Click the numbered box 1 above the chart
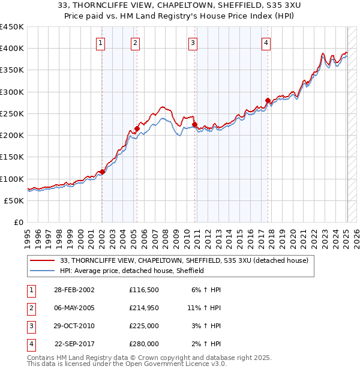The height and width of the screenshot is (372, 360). (100, 43)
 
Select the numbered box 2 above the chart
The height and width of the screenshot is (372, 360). (136, 43)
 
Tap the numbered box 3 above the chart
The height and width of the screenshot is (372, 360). (193, 43)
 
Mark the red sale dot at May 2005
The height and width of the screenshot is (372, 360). (137, 128)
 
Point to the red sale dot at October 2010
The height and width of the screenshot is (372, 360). (195, 124)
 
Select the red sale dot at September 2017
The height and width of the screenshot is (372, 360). (268, 100)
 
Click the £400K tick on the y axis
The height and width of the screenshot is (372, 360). (12, 49)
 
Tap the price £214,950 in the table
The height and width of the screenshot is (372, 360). (143, 308)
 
